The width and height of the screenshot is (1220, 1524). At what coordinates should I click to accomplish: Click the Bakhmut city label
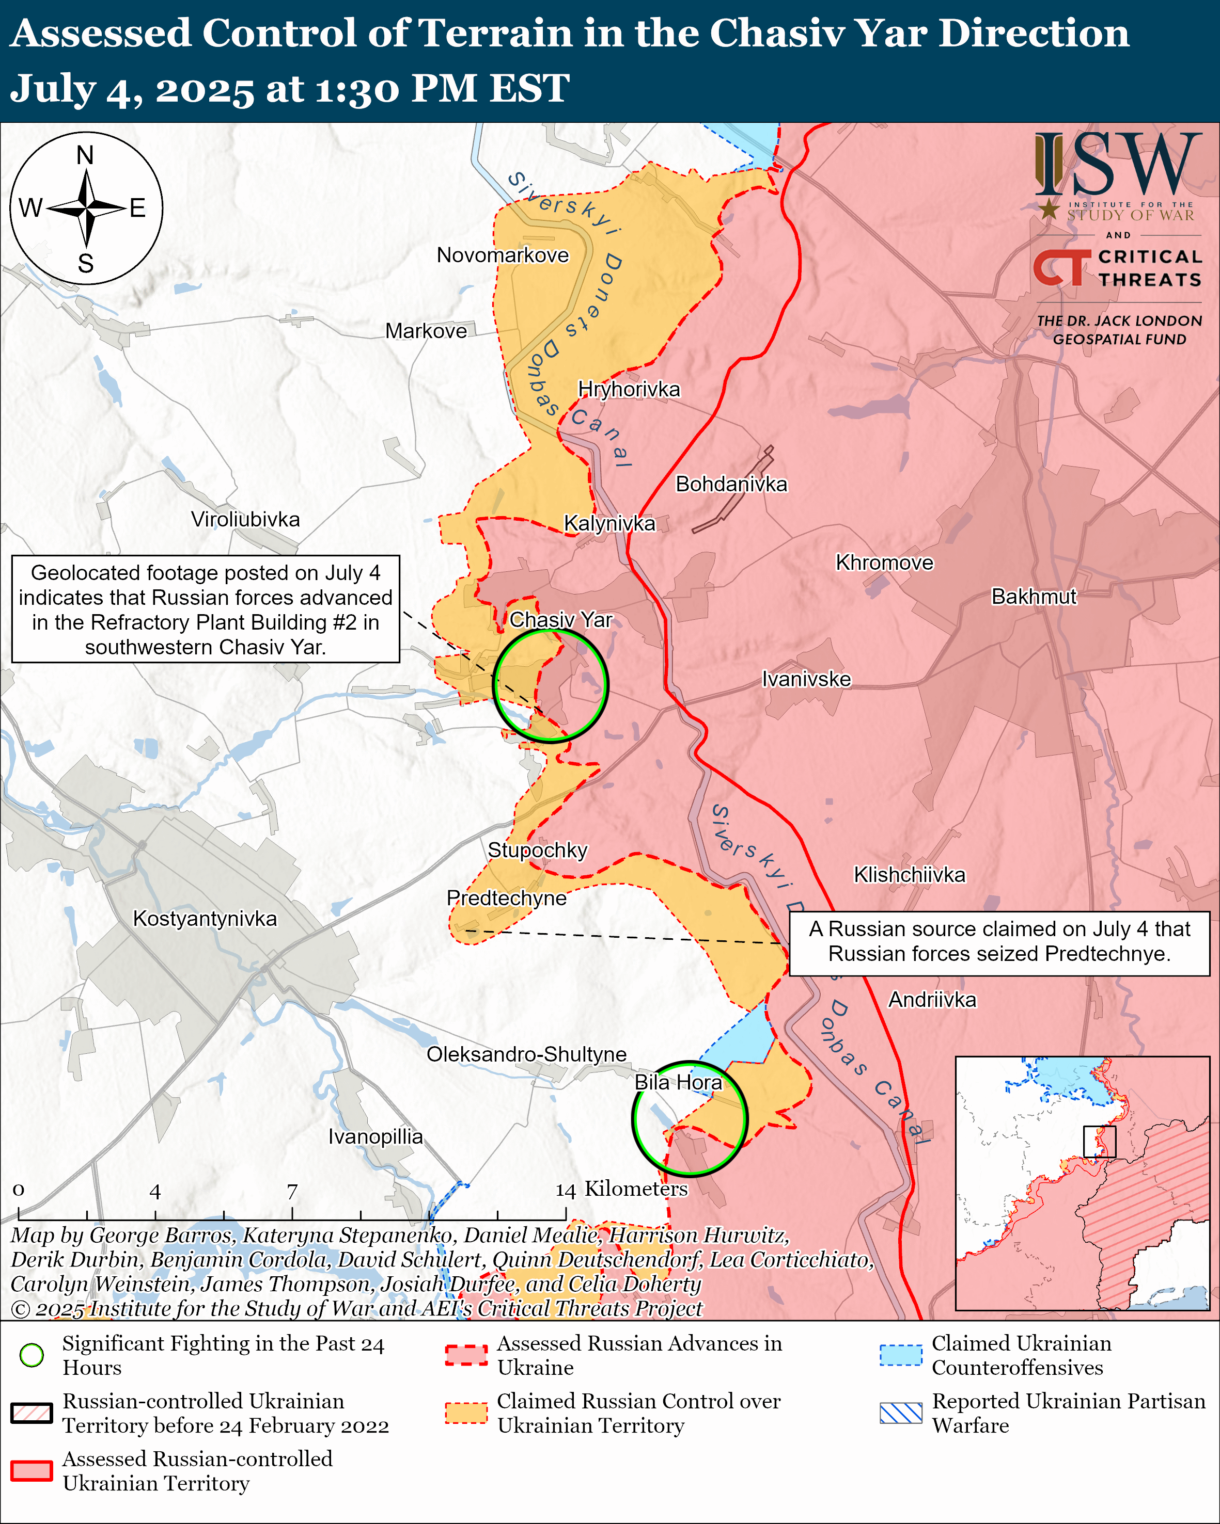(x=1034, y=597)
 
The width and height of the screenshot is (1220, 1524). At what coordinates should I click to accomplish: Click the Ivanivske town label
(x=806, y=679)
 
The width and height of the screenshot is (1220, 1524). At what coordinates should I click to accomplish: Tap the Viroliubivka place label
(x=245, y=520)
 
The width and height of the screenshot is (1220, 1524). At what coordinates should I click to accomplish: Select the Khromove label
(x=884, y=563)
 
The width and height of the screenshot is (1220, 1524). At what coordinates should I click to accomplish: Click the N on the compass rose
(x=86, y=155)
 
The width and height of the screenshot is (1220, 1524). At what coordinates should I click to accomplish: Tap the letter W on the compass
(x=31, y=208)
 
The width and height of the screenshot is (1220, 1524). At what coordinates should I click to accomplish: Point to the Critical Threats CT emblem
(x=1061, y=268)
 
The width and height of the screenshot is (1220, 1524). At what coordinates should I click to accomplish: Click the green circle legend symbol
(x=32, y=1355)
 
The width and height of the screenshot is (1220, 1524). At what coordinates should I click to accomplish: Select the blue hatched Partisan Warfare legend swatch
(x=900, y=1413)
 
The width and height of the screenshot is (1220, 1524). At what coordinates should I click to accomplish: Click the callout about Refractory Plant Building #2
(x=206, y=609)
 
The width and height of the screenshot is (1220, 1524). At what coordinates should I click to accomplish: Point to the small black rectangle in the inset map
(x=1099, y=1142)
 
